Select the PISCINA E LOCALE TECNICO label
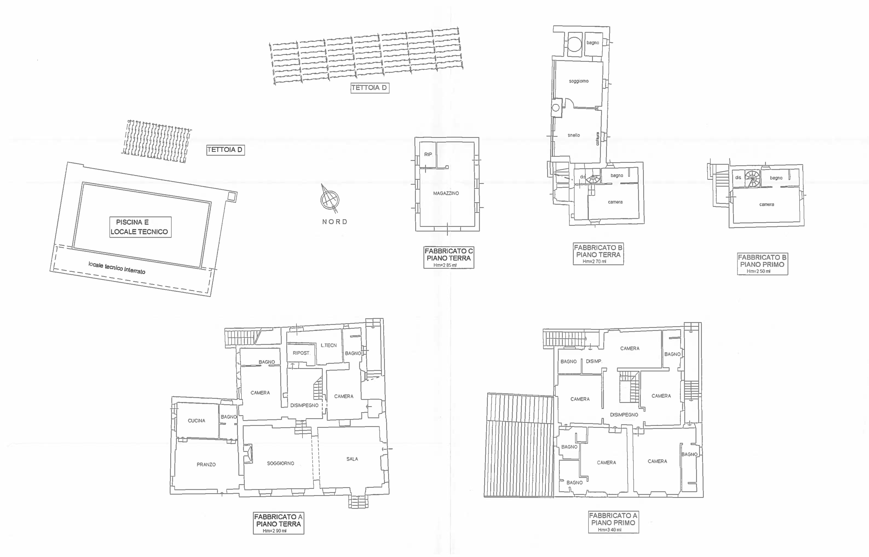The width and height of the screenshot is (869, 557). (140, 227)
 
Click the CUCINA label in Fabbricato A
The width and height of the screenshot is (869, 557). (196, 421)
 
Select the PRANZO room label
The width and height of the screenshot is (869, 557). (206, 464)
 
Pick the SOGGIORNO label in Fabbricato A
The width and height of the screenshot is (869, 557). (281, 463)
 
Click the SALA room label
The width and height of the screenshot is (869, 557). (352, 459)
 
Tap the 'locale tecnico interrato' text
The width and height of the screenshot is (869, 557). (117, 268)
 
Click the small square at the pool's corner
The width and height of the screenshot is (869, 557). (232, 196)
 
